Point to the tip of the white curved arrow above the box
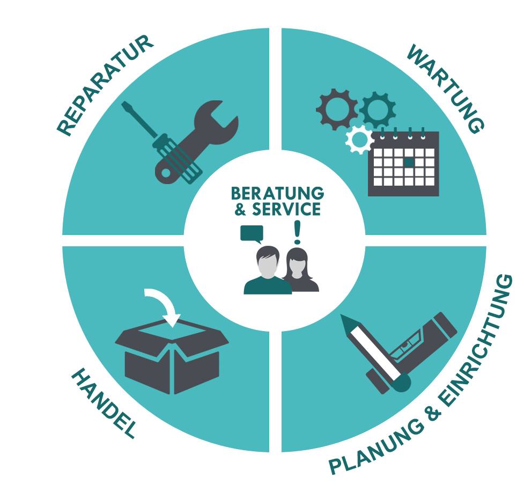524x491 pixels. click(173, 327)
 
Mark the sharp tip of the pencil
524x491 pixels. click(342, 315)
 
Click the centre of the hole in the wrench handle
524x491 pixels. click(166, 173)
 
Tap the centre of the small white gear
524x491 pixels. click(359, 140)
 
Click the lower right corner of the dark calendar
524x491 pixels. click(439, 196)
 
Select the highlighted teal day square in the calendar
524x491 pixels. click(409, 162)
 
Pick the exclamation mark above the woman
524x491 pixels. click(297, 232)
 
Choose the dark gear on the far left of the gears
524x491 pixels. click(337, 109)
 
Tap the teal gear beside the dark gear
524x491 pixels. click(378, 109)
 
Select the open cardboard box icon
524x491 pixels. click(172, 356)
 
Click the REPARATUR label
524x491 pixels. click(105, 86)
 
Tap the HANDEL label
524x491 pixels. click(104, 403)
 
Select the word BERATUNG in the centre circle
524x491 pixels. click(277, 193)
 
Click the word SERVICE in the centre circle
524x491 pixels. click(286, 209)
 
